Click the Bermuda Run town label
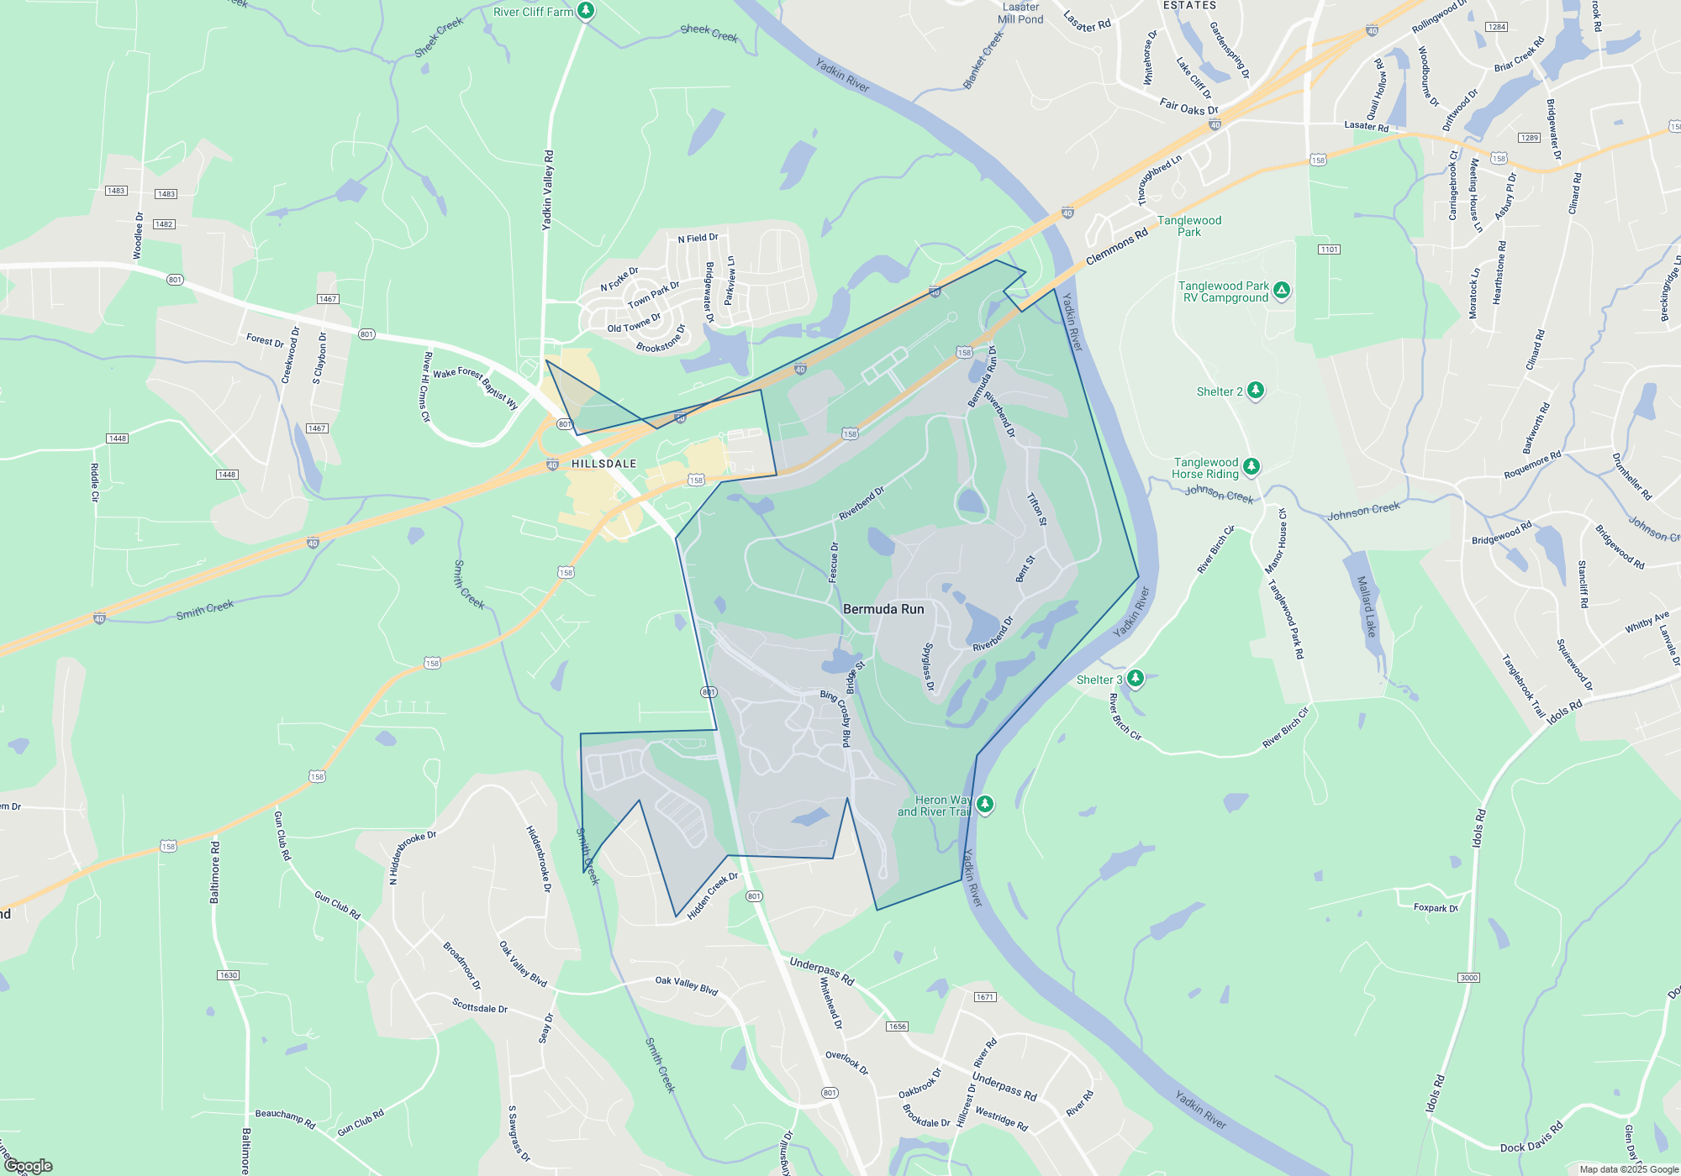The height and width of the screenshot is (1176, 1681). [x=883, y=609]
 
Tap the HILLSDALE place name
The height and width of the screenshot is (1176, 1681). [x=603, y=464]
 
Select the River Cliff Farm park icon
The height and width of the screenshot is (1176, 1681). [x=586, y=11]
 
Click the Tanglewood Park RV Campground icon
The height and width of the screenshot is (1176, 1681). [x=1281, y=291]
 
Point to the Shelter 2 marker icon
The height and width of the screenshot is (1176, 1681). [x=1255, y=390]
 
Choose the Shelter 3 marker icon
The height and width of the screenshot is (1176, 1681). [x=1135, y=678]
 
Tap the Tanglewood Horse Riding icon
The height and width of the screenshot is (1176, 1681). [x=1251, y=466]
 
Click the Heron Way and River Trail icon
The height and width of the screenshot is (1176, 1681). [x=984, y=804]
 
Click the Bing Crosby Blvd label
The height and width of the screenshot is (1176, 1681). [x=837, y=718]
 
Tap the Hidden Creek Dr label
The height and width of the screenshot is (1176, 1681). [x=712, y=895]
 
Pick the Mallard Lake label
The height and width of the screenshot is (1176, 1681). [x=1366, y=606]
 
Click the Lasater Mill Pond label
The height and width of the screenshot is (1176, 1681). [x=1020, y=13]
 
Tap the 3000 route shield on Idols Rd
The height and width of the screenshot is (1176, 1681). [x=1468, y=978]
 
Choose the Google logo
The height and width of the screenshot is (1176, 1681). [x=28, y=1165]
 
